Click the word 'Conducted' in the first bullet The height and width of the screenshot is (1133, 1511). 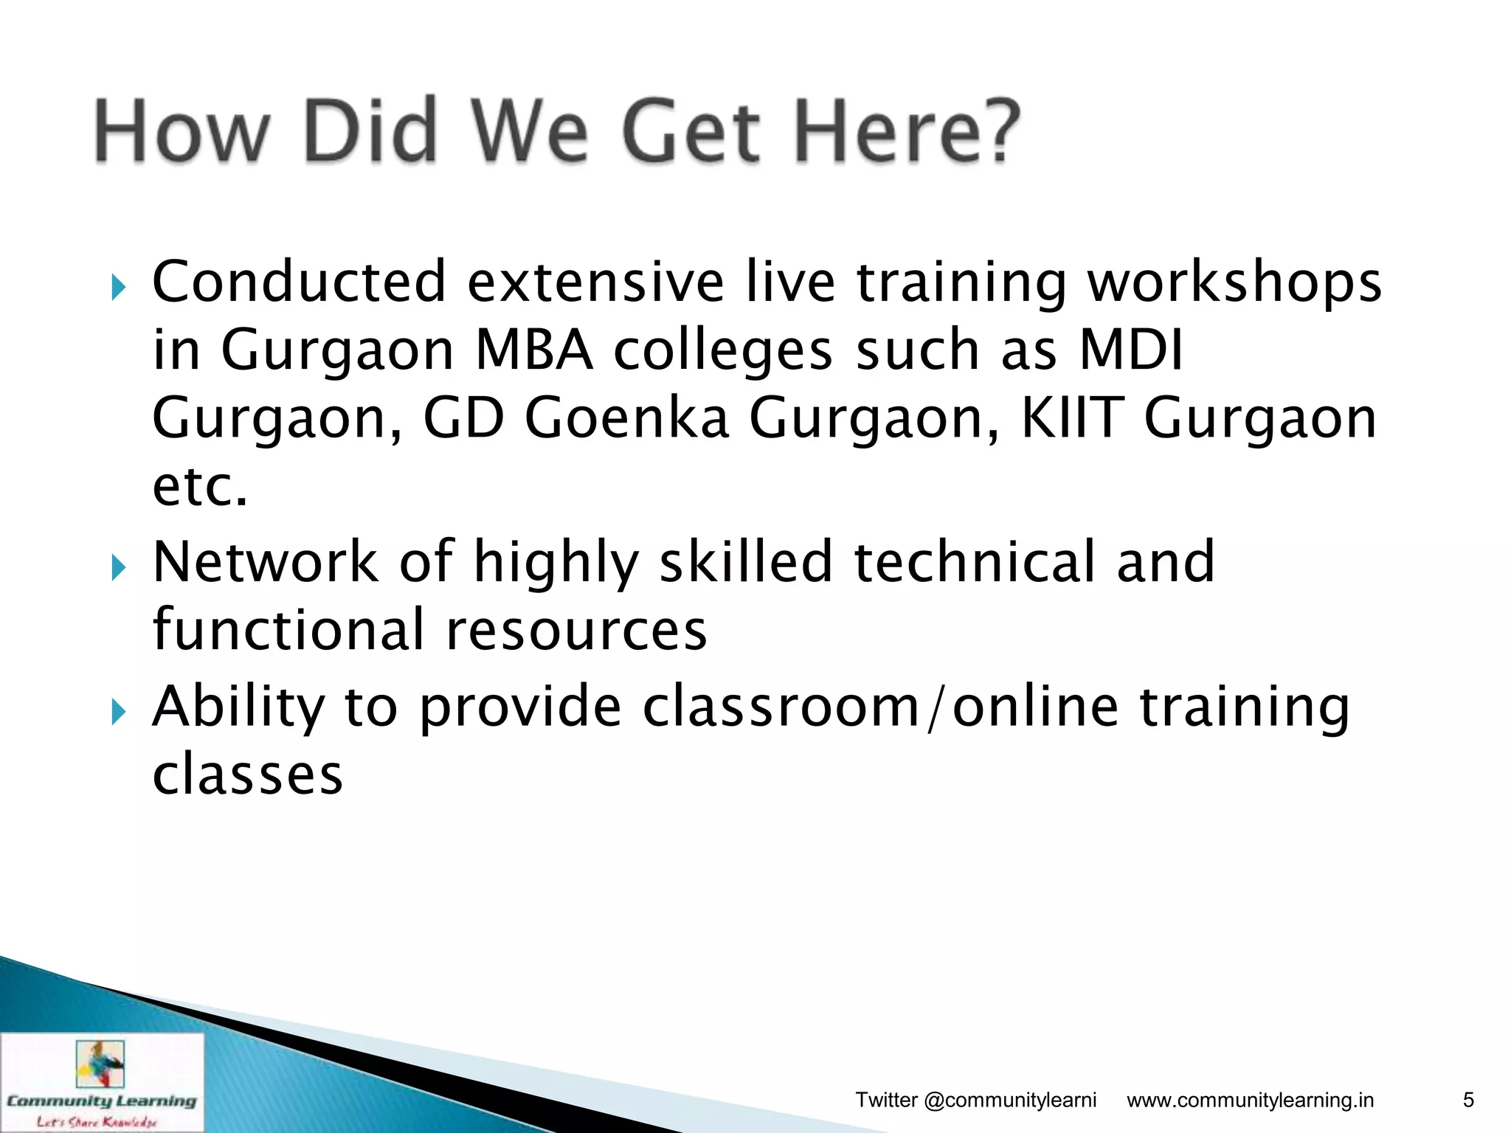[299, 282]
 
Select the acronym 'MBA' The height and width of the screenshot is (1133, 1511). [534, 349]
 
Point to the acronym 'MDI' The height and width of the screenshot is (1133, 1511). [1130, 349]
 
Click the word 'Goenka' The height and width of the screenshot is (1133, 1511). [626, 417]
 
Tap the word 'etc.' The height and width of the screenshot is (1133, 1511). [200, 487]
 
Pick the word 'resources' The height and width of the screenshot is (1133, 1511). [576, 630]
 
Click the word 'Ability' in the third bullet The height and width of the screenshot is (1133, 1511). [238, 707]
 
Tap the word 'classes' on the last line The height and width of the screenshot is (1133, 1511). [248, 775]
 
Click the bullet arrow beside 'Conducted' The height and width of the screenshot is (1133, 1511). [119, 287]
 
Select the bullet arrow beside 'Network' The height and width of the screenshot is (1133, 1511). [119, 567]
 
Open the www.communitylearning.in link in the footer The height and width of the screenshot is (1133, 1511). [1250, 1100]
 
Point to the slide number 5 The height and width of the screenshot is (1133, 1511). [1468, 1100]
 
